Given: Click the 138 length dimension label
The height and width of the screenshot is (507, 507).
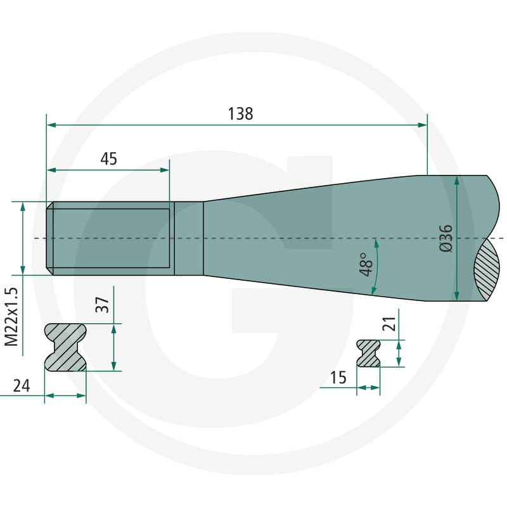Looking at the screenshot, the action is point(240,114).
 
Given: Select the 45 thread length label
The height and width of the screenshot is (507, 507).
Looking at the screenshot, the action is point(108,159).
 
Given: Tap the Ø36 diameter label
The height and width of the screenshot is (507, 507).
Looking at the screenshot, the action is point(446,238).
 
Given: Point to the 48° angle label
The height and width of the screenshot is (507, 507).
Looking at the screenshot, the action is point(366,264).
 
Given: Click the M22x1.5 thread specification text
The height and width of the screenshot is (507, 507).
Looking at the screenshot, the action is point(11,317).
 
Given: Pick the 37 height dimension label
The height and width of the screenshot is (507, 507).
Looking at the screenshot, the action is point(102,305).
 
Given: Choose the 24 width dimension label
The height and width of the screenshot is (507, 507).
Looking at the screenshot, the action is point(22,386).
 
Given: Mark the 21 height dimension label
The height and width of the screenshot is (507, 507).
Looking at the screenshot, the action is point(389,324).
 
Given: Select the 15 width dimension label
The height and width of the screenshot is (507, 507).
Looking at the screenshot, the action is point(338,377).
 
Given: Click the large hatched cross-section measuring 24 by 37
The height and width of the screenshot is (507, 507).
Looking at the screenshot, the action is point(65,347).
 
